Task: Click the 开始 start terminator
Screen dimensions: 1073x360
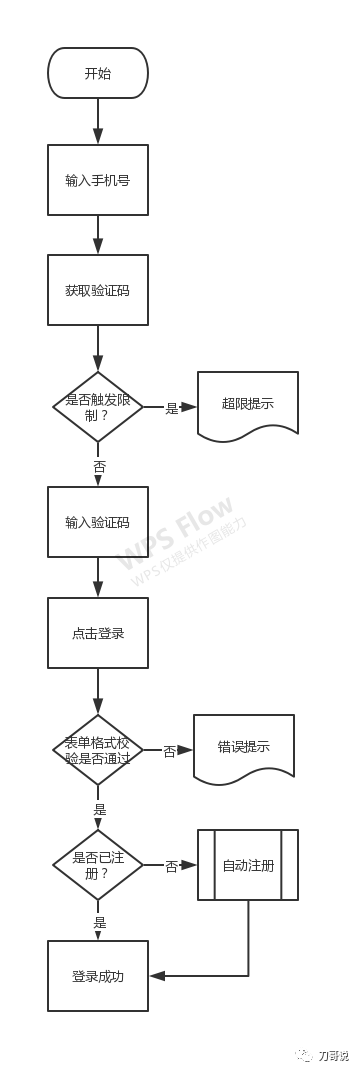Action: [x=98, y=73]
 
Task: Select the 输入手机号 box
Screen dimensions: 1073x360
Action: [x=98, y=180]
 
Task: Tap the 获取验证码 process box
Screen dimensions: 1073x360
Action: [x=98, y=290]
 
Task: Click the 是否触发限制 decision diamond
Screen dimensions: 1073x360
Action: [x=98, y=407]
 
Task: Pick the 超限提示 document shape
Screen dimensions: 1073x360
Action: [x=248, y=405]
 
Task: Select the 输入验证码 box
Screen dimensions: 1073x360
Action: [x=98, y=522]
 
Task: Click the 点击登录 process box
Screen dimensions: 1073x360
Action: [x=98, y=633]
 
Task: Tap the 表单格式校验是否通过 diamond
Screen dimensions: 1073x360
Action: [x=98, y=750]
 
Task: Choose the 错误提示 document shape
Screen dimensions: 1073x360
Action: [x=244, y=747]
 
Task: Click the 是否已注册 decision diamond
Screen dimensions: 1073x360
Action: [x=98, y=864]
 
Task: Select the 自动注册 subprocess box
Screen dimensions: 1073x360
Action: [x=248, y=865]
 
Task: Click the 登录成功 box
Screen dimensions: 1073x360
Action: [x=98, y=976]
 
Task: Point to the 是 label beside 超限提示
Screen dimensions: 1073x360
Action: [x=172, y=408]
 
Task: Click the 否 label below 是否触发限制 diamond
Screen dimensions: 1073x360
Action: [x=99, y=467]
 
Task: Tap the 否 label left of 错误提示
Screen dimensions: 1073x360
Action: [x=170, y=751]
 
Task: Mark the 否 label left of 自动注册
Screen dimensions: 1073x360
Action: [x=172, y=866]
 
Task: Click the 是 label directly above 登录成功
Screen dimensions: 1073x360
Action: [x=99, y=922]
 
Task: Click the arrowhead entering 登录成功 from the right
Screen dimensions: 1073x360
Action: [x=156, y=976]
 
